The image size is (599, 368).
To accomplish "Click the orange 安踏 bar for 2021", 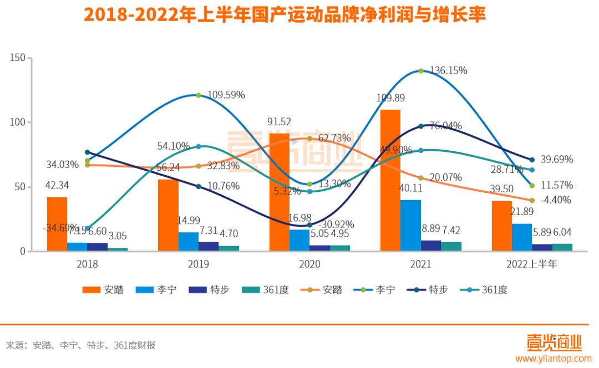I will pos(390,180).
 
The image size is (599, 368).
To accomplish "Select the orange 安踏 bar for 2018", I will pos(57,224).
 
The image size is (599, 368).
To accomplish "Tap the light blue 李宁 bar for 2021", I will pos(410,225).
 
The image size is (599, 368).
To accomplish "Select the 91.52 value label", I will pos(279,122).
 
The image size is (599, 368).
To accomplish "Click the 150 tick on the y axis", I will pos(18,58).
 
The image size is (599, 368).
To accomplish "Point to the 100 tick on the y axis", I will pos(18,122).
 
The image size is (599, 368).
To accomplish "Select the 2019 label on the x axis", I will pos(199,264).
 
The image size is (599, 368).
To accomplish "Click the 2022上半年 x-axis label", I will pos(531,264).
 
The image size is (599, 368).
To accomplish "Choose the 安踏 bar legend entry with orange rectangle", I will pos(103,289).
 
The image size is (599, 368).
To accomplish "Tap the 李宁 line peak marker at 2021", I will pos(421,70).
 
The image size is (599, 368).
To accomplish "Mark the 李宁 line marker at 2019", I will pos(199,95).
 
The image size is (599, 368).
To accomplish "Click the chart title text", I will pos(285,15).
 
